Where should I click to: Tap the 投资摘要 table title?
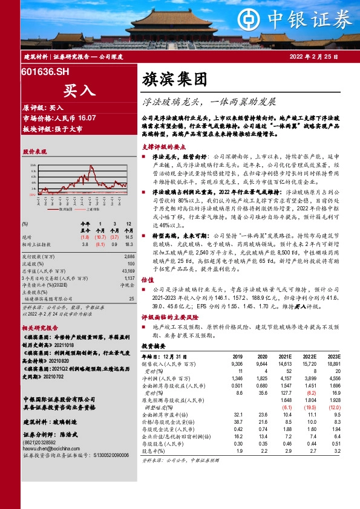(x=152, y=347)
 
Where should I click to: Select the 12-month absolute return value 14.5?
(x=127, y=237)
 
